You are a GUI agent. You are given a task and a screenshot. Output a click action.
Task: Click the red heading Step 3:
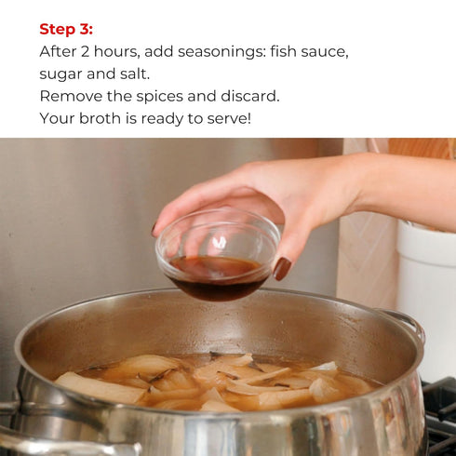66,29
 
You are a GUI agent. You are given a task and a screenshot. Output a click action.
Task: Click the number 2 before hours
85,51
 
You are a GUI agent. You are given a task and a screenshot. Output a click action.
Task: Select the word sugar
60,74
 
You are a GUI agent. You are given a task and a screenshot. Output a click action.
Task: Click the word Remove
71,96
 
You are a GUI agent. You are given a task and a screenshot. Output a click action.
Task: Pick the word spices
159,97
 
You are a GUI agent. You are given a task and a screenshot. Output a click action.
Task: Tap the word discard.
250,96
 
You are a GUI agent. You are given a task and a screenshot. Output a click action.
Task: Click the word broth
100,118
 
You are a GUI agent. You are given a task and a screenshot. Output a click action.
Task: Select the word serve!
229,118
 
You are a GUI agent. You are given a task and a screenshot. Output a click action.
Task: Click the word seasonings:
221,52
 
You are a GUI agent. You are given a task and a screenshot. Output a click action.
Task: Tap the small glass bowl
218,255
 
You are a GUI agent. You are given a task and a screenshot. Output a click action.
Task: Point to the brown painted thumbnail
282,269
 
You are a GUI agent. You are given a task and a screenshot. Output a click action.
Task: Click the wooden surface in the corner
422,148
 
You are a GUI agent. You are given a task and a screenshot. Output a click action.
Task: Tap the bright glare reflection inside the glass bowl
220,242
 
